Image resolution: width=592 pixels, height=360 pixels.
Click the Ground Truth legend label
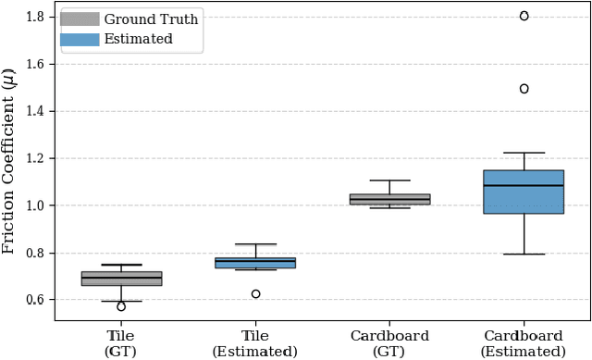(150, 19)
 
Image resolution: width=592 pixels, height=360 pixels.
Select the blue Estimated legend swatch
(80, 39)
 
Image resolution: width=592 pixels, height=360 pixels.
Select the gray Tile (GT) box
(121, 279)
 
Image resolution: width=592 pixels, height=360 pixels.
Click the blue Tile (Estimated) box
(255, 263)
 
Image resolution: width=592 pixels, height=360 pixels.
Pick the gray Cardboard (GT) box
(389, 199)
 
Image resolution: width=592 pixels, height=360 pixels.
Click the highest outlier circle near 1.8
(524, 16)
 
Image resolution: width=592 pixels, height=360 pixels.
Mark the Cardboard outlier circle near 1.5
(524, 89)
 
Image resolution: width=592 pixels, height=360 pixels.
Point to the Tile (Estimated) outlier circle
(255, 293)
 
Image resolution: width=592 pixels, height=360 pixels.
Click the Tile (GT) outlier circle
(121, 306)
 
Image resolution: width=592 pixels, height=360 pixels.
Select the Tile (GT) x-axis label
(121, 343)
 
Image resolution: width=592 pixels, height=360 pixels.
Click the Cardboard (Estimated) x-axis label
(524, 343)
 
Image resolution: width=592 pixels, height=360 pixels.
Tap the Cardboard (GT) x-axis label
(389, 343)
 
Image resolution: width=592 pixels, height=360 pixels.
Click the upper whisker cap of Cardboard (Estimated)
(524, 153)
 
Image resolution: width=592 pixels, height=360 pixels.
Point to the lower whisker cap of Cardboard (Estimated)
(524, 254)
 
